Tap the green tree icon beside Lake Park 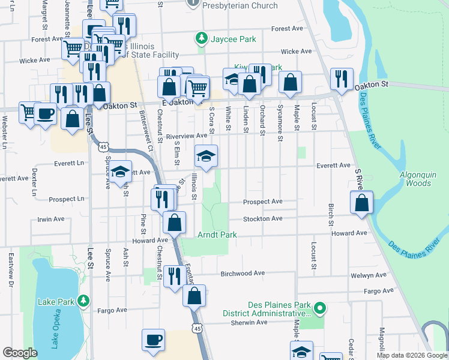pyautogui.click(x=85, y=300)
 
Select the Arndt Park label pyautogui.click(x=217, y=235)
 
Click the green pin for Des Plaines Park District pyautogui.click(x=320, y=308)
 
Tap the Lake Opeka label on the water pyautogui.click(x=55, y=329)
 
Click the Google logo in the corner pyautogui.click(x=20, y=353)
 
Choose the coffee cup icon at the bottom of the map pyautogui.click(x=154, y=340)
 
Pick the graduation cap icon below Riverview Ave pyautogui.click(x=206, y=157)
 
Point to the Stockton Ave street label pyautogui.click(x=262, y=219)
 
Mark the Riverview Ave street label pyautogui.click(x=187, y=136)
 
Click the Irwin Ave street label pyautogui.click(x=52, y=220)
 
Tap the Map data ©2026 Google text pyautogui.click(x=411, y=355)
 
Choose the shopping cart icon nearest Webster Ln pyautogui.click(x=28, y=112)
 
